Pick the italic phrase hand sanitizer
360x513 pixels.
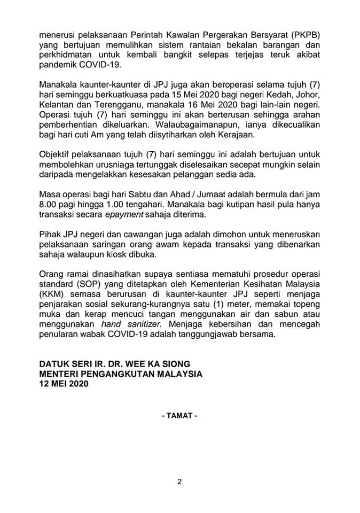[x=134, y=324]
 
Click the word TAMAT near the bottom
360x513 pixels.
[x=179, y=415]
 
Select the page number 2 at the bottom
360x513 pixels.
[x=179, y=482]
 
